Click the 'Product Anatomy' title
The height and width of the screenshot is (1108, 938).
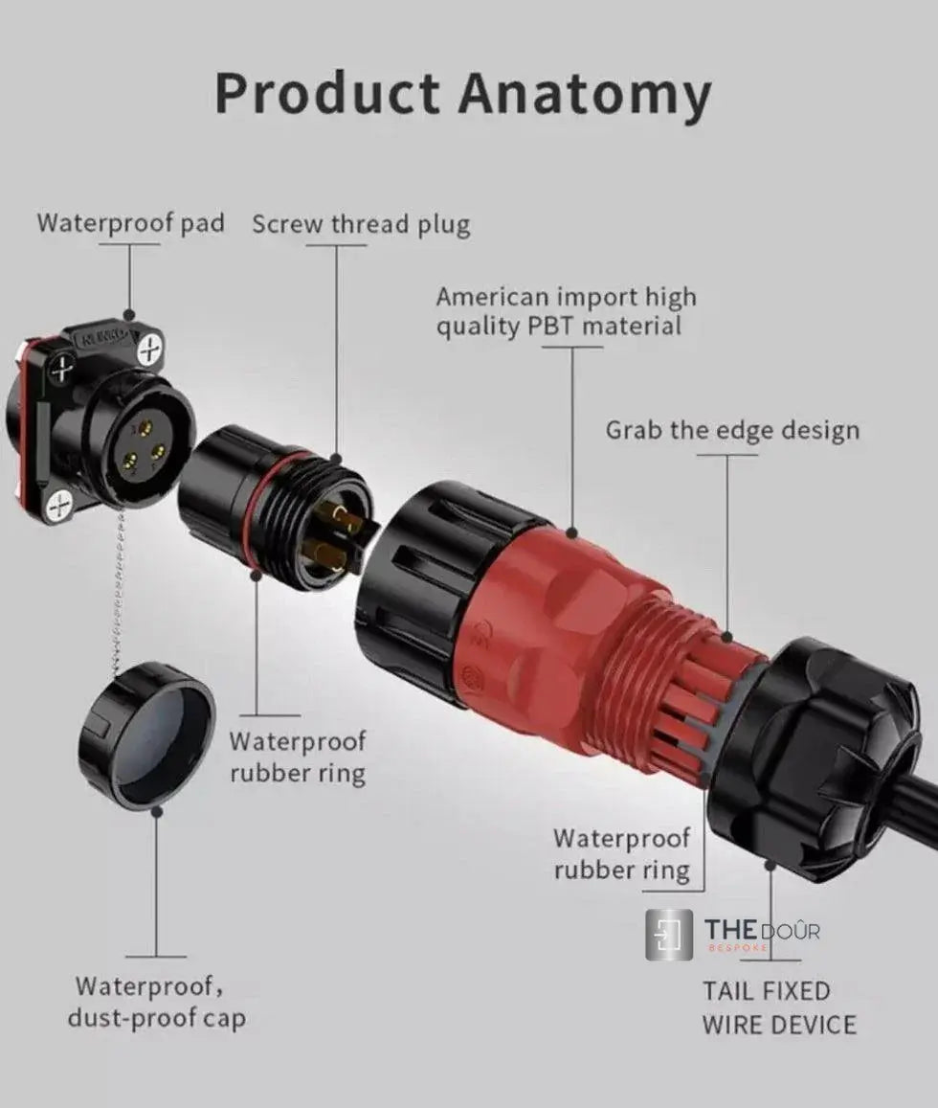tap(463, 94)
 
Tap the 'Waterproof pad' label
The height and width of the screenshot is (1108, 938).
tap(131, 223)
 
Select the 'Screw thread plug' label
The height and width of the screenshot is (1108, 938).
tap(361, 225)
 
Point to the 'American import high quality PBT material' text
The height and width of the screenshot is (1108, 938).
tap(566, 311)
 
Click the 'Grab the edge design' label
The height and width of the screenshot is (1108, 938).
tap(732, 430)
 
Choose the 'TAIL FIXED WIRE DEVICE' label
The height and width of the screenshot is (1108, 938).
tap(779, 1007)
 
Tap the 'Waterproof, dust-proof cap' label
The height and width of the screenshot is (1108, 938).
tap(155, 1001)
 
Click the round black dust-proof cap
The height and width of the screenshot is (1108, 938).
tap(146, 733)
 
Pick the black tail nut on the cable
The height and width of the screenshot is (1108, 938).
tap(814, 757)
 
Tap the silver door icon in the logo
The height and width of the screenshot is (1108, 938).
tap(669, 935)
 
